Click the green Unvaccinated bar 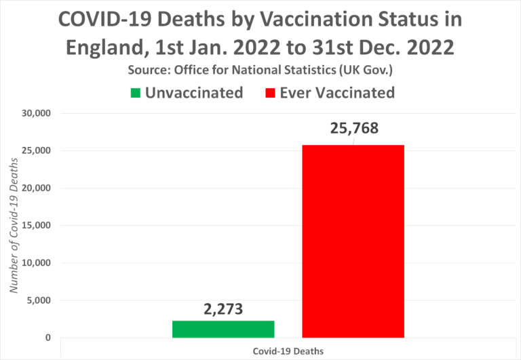[x=223, y=329]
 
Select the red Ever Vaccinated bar [x=353, y=241]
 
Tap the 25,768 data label [x=353, y=129]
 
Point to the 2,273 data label [x=223, y=309]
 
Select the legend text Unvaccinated [x=194, y=93]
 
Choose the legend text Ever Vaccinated [x=337, y=93]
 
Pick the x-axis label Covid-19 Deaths [x=288, y=351]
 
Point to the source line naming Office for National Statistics [x=260, y=71]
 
